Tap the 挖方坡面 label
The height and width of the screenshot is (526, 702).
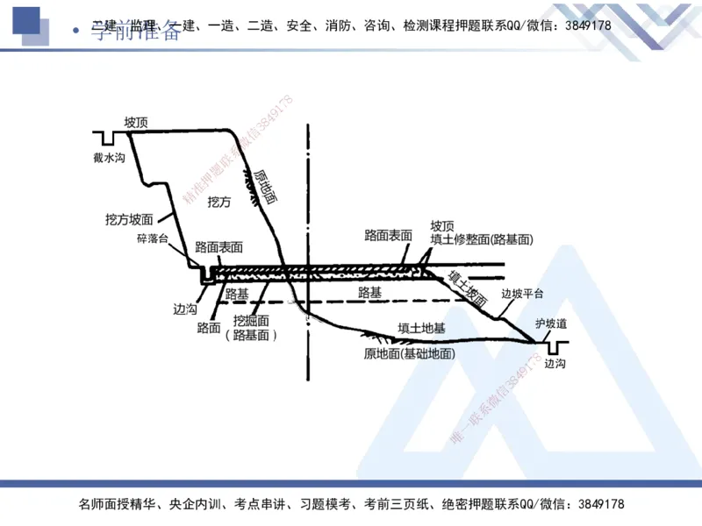129,219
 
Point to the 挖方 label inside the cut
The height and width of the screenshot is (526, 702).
218,202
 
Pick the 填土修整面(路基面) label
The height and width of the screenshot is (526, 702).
482,238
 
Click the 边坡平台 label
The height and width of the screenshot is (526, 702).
522,294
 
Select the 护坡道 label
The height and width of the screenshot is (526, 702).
551,323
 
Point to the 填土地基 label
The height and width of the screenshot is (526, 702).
421,328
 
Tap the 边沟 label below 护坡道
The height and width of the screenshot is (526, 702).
555,363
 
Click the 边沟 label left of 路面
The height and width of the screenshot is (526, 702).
185,309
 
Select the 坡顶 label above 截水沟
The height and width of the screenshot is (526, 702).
136,122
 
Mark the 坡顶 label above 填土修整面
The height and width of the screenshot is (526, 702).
442,225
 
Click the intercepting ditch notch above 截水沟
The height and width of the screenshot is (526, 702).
109,138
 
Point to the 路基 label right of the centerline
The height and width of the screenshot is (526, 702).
370,292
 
